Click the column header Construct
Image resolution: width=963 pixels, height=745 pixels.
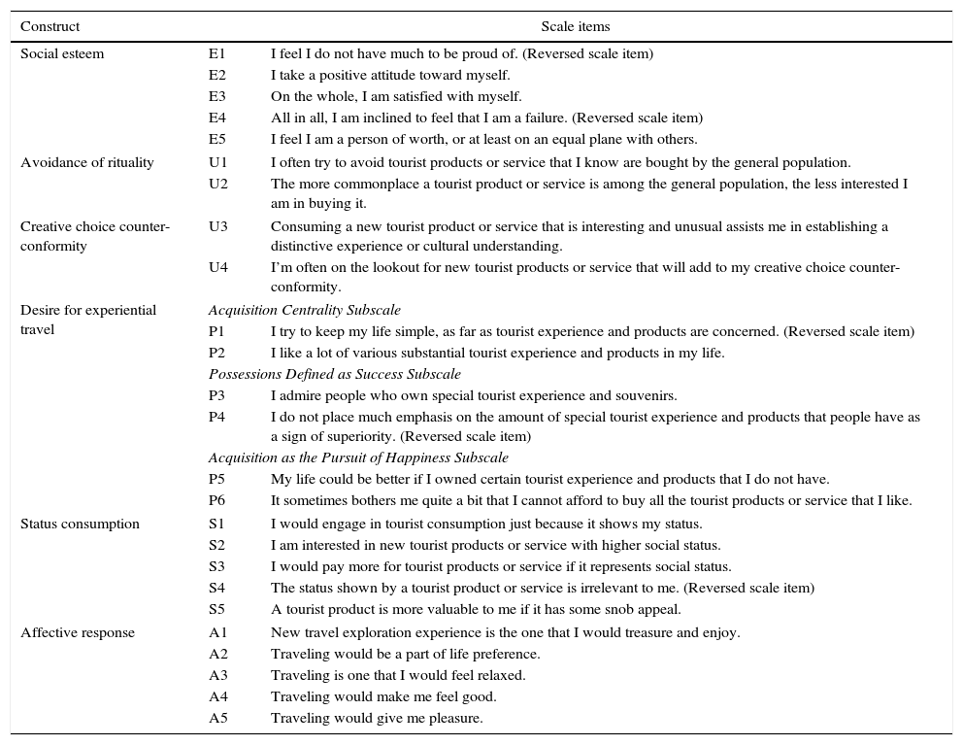tap(50, 27)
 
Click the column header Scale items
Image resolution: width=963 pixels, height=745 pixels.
tap(576, 27)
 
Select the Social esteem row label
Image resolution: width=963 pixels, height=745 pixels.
tap(61, 54)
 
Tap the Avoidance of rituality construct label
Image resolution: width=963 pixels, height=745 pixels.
tap(86, 163)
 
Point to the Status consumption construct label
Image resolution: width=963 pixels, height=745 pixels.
tap(80, 525)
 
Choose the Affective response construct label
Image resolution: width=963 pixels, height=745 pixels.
tap(78, 633)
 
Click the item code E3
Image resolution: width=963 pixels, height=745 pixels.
tap(216, 97)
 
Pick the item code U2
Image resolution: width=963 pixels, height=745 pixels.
tap(216, 184)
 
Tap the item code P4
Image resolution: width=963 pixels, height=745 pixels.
tap(216, 418)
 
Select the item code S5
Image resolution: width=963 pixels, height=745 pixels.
tap(216, 610)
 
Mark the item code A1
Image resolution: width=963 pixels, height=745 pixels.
tap(216, 633)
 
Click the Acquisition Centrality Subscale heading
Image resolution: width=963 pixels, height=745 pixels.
tap(304, 311)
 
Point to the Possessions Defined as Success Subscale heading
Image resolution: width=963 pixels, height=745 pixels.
tap(334, 374)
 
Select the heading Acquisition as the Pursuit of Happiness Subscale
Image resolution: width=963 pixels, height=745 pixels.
tap(358, 458)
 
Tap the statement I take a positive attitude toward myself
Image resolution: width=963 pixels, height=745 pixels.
tap(390, 76)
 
